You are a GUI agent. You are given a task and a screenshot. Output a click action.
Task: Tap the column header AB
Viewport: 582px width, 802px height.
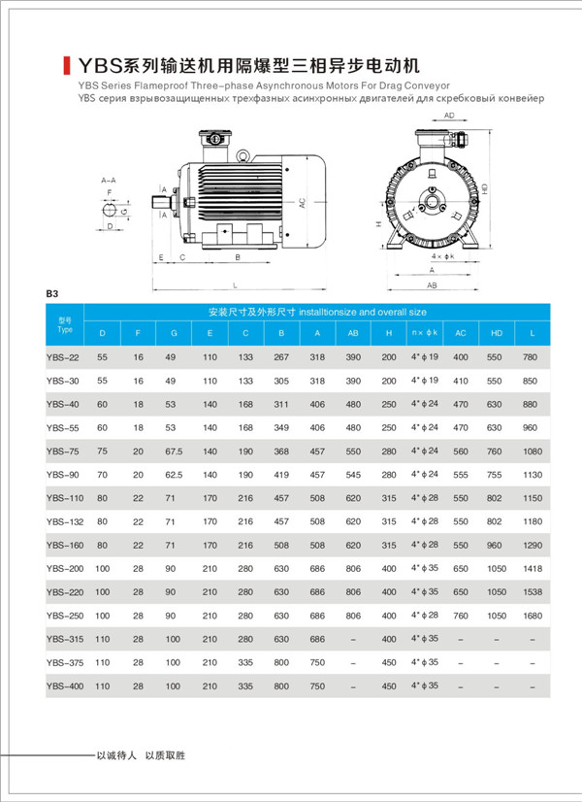click(x=353, y=334)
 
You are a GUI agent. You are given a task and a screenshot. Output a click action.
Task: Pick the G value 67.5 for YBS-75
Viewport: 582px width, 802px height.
click(x=174, y=451)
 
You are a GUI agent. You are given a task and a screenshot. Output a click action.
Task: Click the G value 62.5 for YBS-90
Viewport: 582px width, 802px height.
click(x=174, y=474)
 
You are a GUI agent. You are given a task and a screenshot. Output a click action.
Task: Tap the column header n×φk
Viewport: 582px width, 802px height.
click(x=425, y=334)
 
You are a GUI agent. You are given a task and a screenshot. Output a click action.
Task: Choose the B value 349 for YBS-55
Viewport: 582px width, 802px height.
click(x=281, y=427)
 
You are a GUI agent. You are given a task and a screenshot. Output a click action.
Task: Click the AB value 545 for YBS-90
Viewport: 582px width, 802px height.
click(x=353, y=474)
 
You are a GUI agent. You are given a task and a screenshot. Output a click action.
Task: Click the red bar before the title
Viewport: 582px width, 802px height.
click(x=65, y=66)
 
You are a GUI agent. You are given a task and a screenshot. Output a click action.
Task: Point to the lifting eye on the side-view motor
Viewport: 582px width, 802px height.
click(x=245, y=152)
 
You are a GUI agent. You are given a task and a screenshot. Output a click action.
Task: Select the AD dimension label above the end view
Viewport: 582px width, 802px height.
click(x=449, y=116)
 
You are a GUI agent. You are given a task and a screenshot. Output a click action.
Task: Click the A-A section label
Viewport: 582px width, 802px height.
click(x=109, y=181)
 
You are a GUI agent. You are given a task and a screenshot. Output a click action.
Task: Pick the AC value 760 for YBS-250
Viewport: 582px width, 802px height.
click(x=460, y=616)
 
